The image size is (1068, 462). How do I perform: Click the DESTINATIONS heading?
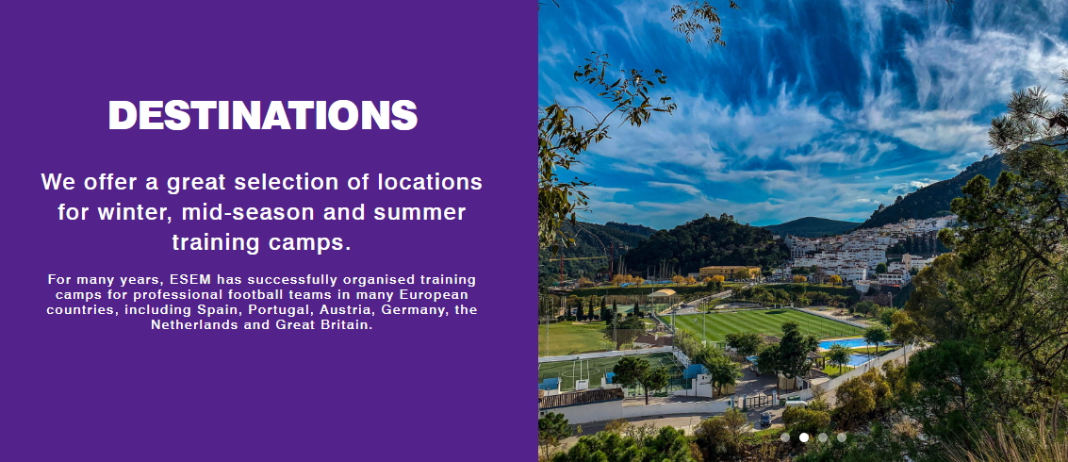tap(263, 115)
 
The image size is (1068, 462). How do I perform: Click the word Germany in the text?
tap(415, 309)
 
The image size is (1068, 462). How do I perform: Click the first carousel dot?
tap(785, 437)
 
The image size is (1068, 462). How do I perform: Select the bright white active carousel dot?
tap(804, 437)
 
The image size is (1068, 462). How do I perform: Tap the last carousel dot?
tap(842, 437)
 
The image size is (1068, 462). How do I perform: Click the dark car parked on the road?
tap(766, 419)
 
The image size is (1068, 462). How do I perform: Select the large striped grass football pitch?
tap(760, 323)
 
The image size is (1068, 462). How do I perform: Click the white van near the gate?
tap(796, 404)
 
